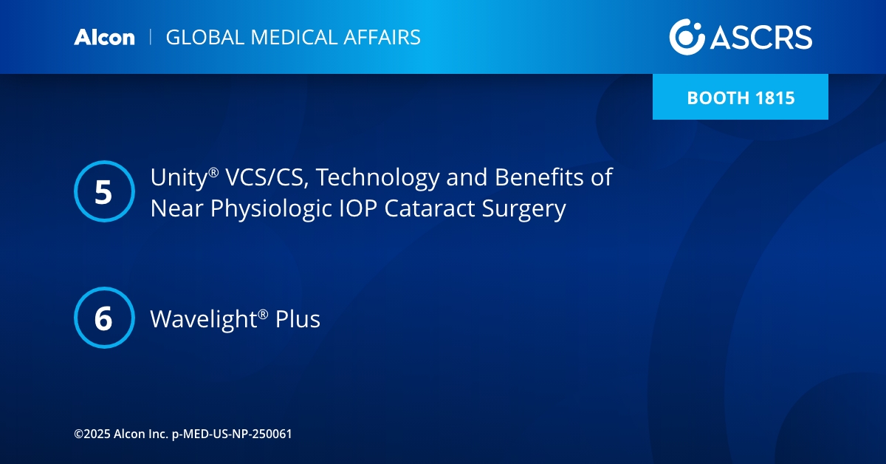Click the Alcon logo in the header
[x=104, y=38]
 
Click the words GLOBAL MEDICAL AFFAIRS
[x=293, y=38]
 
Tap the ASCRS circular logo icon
[x=687, y=37]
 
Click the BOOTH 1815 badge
[x=740, y=98]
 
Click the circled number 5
[x=104, y=192]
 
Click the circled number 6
[x=104, y=318]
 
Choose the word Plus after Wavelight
[x=298, y=319]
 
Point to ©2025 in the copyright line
[x=92, y=434]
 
